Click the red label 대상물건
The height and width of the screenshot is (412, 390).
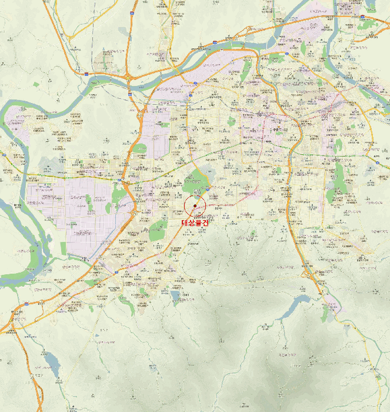point(195,223)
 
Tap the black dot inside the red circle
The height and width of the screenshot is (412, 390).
point(195,206)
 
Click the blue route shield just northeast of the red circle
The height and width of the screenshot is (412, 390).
point(209,190)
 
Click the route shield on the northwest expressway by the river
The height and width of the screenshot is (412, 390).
point(86,74)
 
